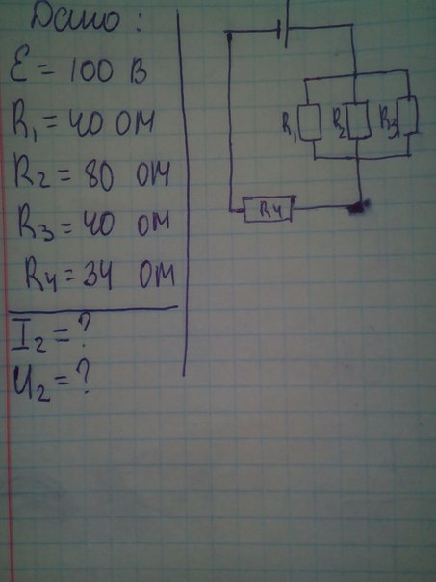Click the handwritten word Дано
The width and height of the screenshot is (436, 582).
tap(76, 18)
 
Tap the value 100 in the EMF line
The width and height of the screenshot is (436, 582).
tap(91, 70)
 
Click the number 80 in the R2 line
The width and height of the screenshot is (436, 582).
tap(98, 176)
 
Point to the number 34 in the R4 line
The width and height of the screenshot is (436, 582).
tap(97, 278)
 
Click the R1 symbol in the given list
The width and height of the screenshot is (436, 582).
tap(26, 123)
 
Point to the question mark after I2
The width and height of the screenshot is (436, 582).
tap(85, 331)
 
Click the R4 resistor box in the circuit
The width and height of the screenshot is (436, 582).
tap(269, 209)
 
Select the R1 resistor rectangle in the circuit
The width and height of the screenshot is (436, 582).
tap(310, 122)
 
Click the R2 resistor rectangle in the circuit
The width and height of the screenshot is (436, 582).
tap(359, 120)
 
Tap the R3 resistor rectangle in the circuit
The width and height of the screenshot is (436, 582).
tap(407, 115)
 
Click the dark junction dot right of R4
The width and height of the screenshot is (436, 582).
tap(358, 207)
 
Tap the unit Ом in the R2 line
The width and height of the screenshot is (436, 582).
tap(153, 173)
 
